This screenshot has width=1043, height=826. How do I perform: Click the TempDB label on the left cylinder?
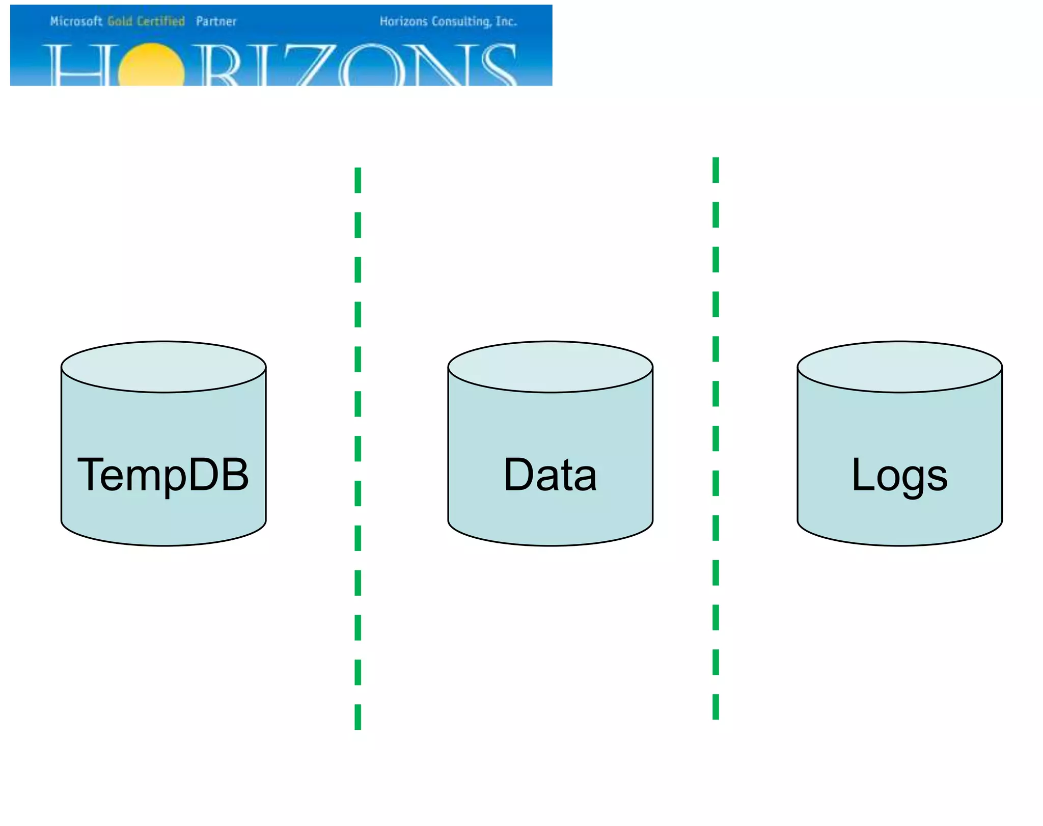[x=163, y=475]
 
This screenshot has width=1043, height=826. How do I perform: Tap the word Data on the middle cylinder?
[x=550, y=475]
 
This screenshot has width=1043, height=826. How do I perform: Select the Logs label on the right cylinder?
[x=899, y=476]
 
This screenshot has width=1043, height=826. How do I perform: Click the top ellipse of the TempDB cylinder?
[x=163, y=367]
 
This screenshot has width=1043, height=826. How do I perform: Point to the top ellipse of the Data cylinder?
[x=550, y=367]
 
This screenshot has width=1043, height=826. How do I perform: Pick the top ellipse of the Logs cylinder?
[x=899, y=367]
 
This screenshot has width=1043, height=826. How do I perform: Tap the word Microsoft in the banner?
[x=76, y=21]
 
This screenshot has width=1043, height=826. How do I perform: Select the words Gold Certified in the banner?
[x=146, y=21]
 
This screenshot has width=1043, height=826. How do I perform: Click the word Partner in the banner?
[x=216, y=21]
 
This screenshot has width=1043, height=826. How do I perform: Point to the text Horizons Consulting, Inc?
[x=448, y=21]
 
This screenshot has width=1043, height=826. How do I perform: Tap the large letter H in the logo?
[x=76, y=66]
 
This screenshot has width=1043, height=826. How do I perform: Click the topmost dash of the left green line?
[x=358, y=180]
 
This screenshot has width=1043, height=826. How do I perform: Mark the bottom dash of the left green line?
[x=358, y=717]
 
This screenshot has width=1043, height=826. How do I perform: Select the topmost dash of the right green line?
[x=716, y=170]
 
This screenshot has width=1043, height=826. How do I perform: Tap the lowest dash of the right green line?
[x=716, y=706]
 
